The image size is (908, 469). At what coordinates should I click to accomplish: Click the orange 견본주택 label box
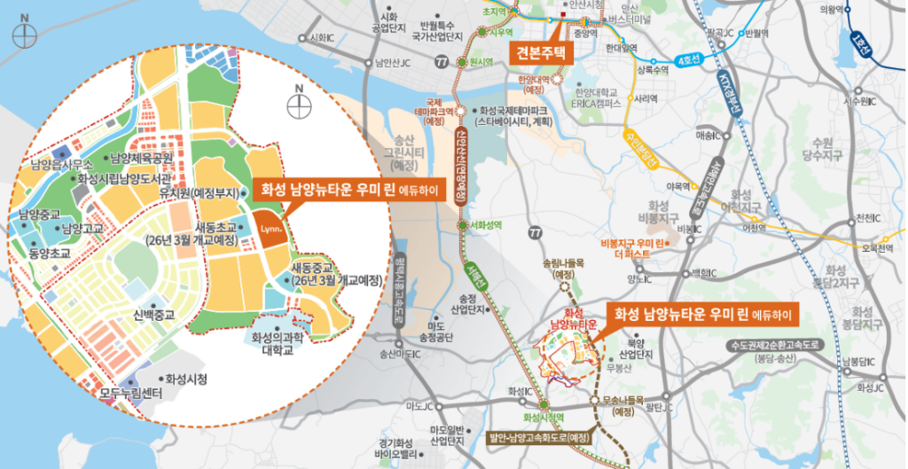coord(540,52)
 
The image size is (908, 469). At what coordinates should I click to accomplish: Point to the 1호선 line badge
coord(858,43)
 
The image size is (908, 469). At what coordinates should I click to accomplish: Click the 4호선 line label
coord(688,59)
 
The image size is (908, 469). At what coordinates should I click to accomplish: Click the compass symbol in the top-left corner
coord(27,35)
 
